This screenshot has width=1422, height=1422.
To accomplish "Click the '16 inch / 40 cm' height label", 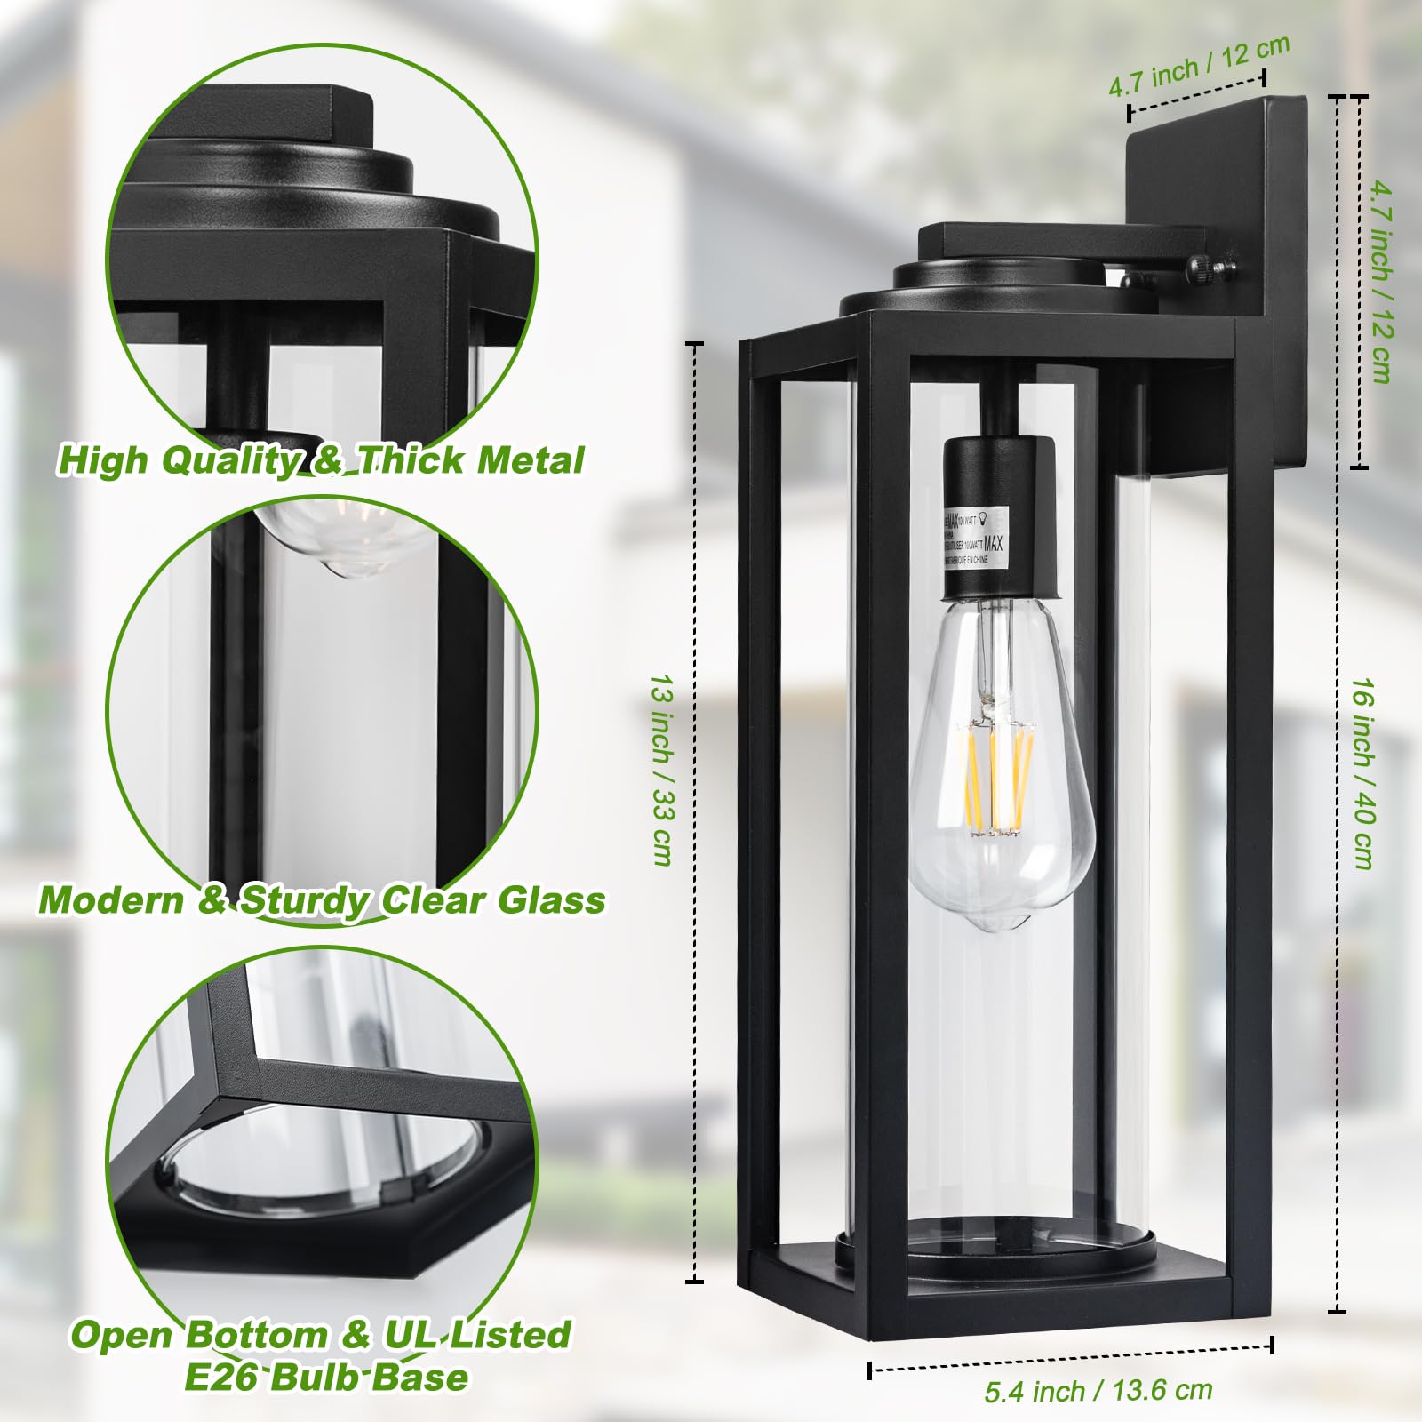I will pos(1364,773).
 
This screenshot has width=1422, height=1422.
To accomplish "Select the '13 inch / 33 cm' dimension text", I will pos(662,770).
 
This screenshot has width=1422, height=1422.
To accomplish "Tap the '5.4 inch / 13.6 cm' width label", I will pos(1098,1390).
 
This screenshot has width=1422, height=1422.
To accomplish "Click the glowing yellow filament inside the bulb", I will pos(995,778).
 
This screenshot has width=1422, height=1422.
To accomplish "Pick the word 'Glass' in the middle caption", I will pos(551,900).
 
